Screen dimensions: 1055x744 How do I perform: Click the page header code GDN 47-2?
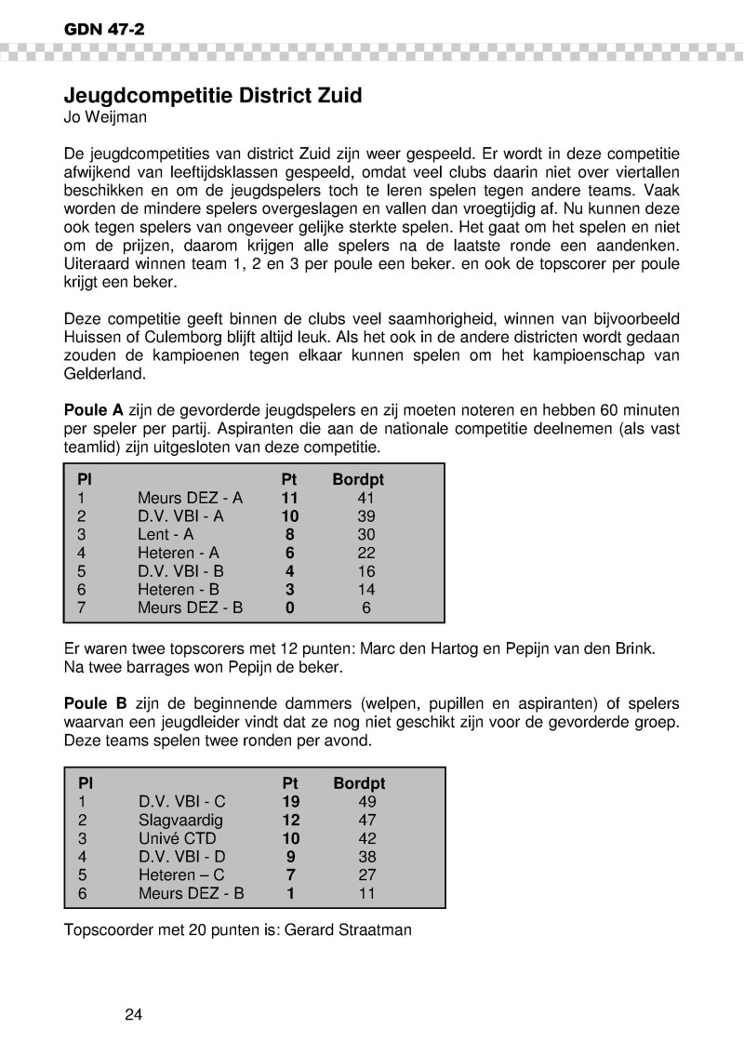104,30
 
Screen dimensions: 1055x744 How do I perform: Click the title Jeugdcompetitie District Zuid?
212,96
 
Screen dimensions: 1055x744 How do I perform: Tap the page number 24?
133,1014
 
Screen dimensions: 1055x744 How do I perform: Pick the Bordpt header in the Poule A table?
358,480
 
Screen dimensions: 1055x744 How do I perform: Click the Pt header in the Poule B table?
289,784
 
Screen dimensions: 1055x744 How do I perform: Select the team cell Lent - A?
166,534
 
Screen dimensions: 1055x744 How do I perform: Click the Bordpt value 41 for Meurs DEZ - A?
365,498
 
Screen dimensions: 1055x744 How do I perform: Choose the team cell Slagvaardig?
181,821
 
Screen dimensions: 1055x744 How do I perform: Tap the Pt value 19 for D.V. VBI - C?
290,802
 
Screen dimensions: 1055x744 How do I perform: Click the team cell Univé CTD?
177,838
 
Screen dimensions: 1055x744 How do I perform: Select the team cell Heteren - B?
179,589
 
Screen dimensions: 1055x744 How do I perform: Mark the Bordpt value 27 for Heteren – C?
366,875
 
